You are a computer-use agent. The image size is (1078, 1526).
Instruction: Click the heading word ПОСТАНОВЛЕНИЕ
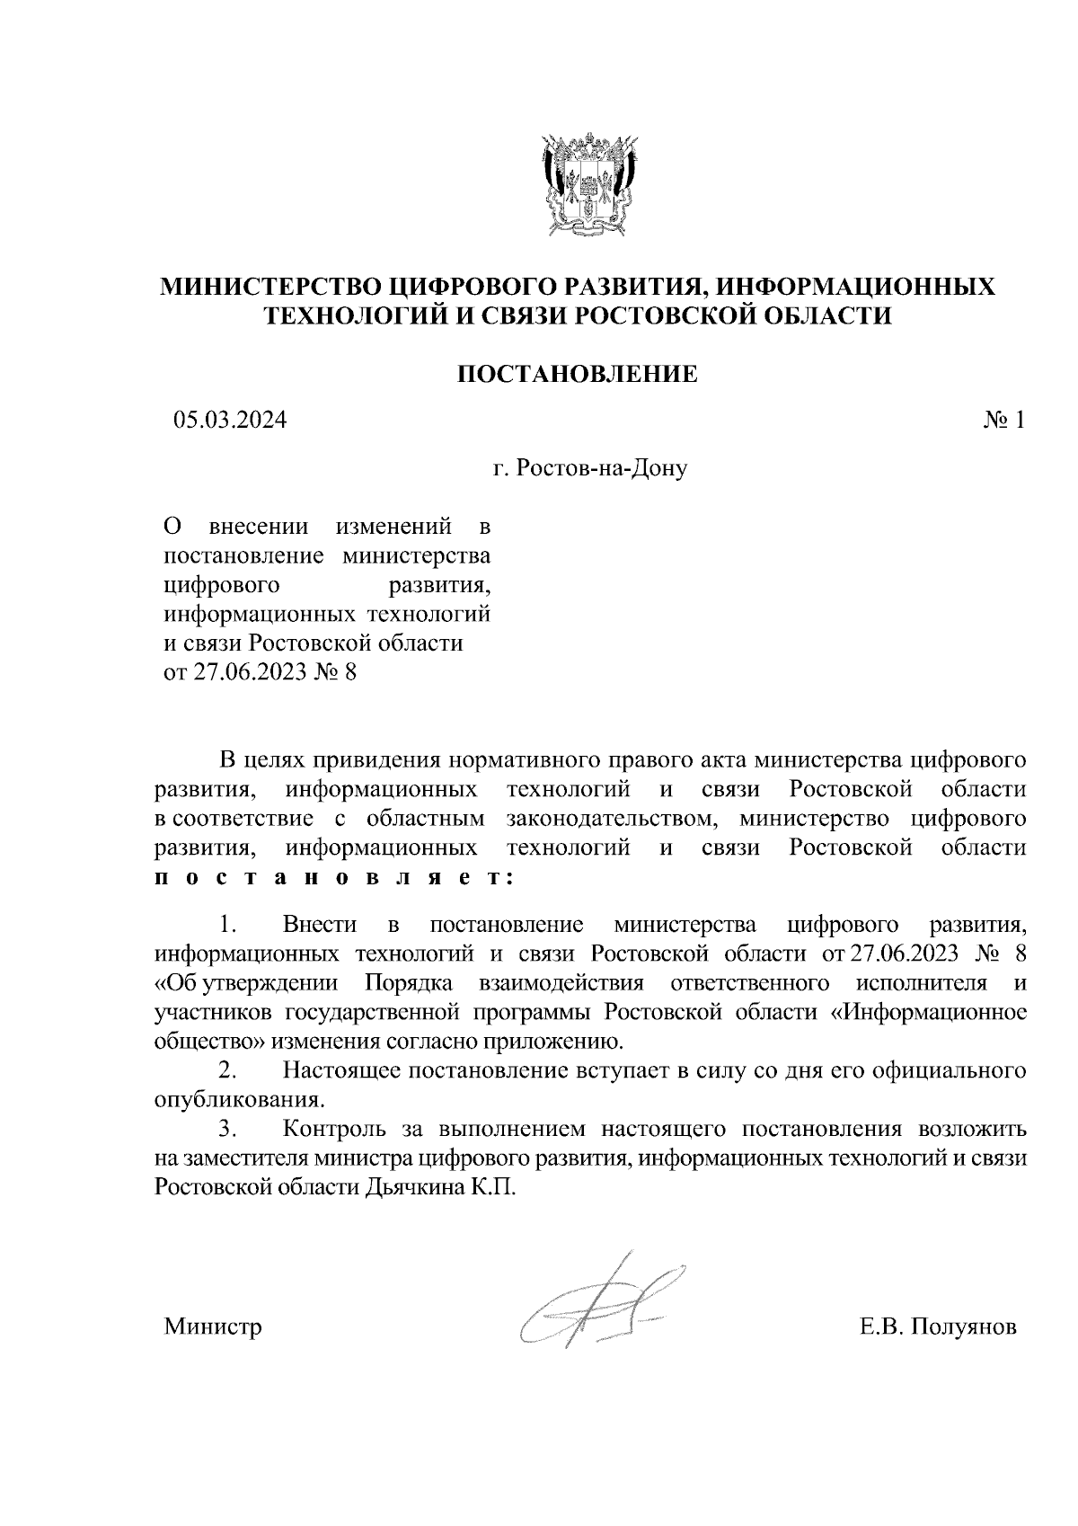[x=578, y=374]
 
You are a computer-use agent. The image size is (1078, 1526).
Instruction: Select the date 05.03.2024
[x=231, y=420]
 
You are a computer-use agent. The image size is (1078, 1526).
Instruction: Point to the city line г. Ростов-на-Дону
[x=589, y=468]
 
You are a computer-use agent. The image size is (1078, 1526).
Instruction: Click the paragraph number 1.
[x=228, y=925]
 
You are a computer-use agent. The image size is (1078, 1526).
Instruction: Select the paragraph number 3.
[x=228, y=1129]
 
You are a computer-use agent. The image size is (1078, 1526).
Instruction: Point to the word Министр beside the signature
[x=213, y=1327]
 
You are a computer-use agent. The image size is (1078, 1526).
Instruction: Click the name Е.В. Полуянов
[x=938, y=1327]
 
